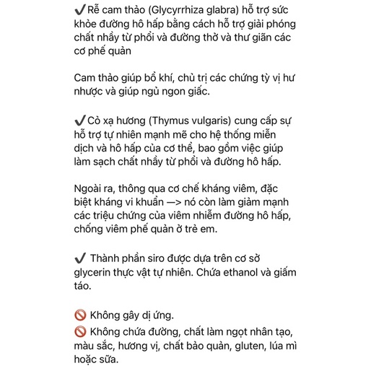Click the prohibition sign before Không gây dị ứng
tap(80, 315)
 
